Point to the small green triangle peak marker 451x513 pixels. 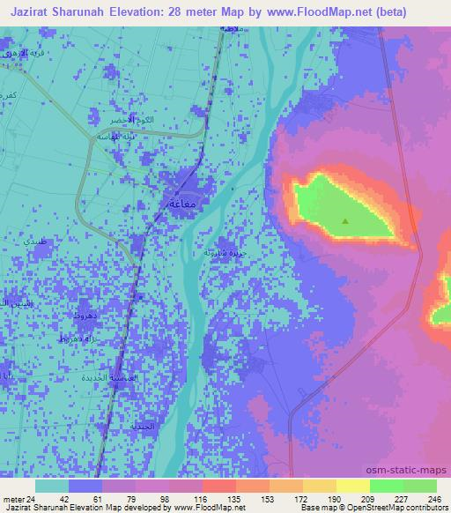[345, 221]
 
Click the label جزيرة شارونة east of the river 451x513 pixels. [222, 252]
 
